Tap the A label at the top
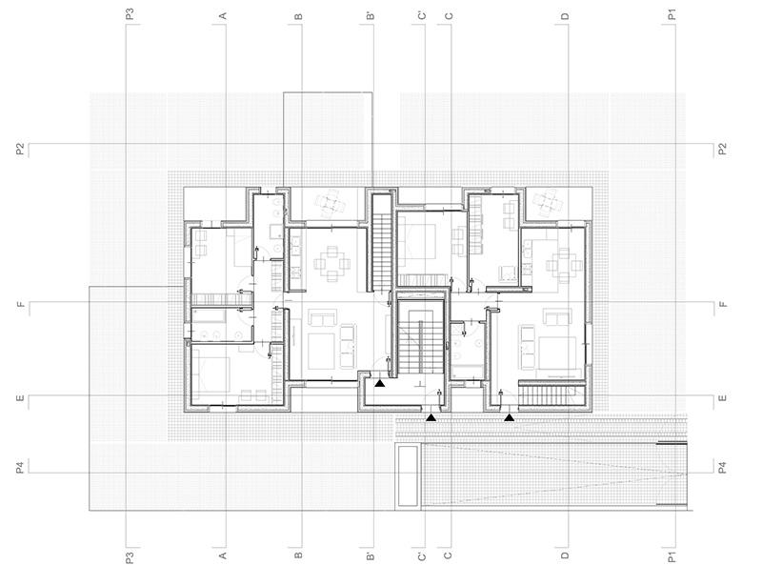[223, 15]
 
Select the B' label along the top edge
[371, 15]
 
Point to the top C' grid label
[422, 15]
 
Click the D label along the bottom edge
[565, 553]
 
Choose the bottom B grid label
[298, 553]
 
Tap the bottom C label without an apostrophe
[448, 553]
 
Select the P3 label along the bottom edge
[129, 554]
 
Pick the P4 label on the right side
[723, 467]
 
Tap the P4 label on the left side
[18, 467]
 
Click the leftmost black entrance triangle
[380, 383]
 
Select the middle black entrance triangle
[431, 417]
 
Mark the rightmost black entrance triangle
[510, 417]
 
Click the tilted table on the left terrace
[329, 202]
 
